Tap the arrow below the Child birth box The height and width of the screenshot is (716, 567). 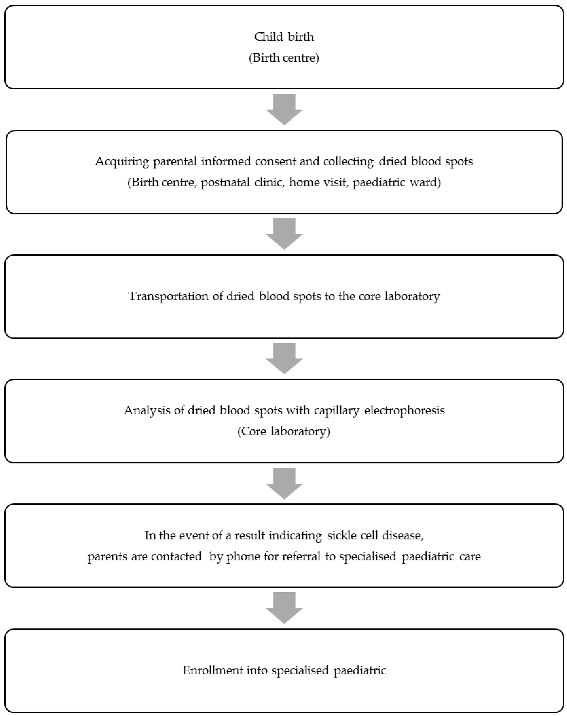click(x=284, y=109)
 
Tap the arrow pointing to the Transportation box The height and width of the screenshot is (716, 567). click(x=284, y=233)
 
